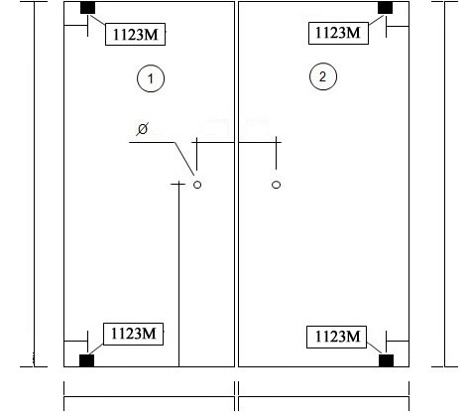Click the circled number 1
coord(151,78)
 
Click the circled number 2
coord(323,76)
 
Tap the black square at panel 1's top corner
coord(87,8)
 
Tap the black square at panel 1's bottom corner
coord(86,360)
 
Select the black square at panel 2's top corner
coord(386,8)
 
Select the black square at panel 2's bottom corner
coord(386,360)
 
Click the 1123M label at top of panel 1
coord(135,34)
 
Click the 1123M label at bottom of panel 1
coord(134,334)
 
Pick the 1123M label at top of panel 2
coord(338,33)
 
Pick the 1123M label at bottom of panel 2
coord(337,337)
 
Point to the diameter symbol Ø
coord(142,129)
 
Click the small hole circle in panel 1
coord(197,185)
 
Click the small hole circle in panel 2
coord(277,185)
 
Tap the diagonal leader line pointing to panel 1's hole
coord(184,159)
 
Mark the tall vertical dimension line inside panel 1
coord(179,274)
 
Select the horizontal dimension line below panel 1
coord(149,396)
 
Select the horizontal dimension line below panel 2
coord(323,396)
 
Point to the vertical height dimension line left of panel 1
coord(34,184)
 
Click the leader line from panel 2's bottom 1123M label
coord(374,348)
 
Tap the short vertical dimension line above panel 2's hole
coord(277,153)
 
